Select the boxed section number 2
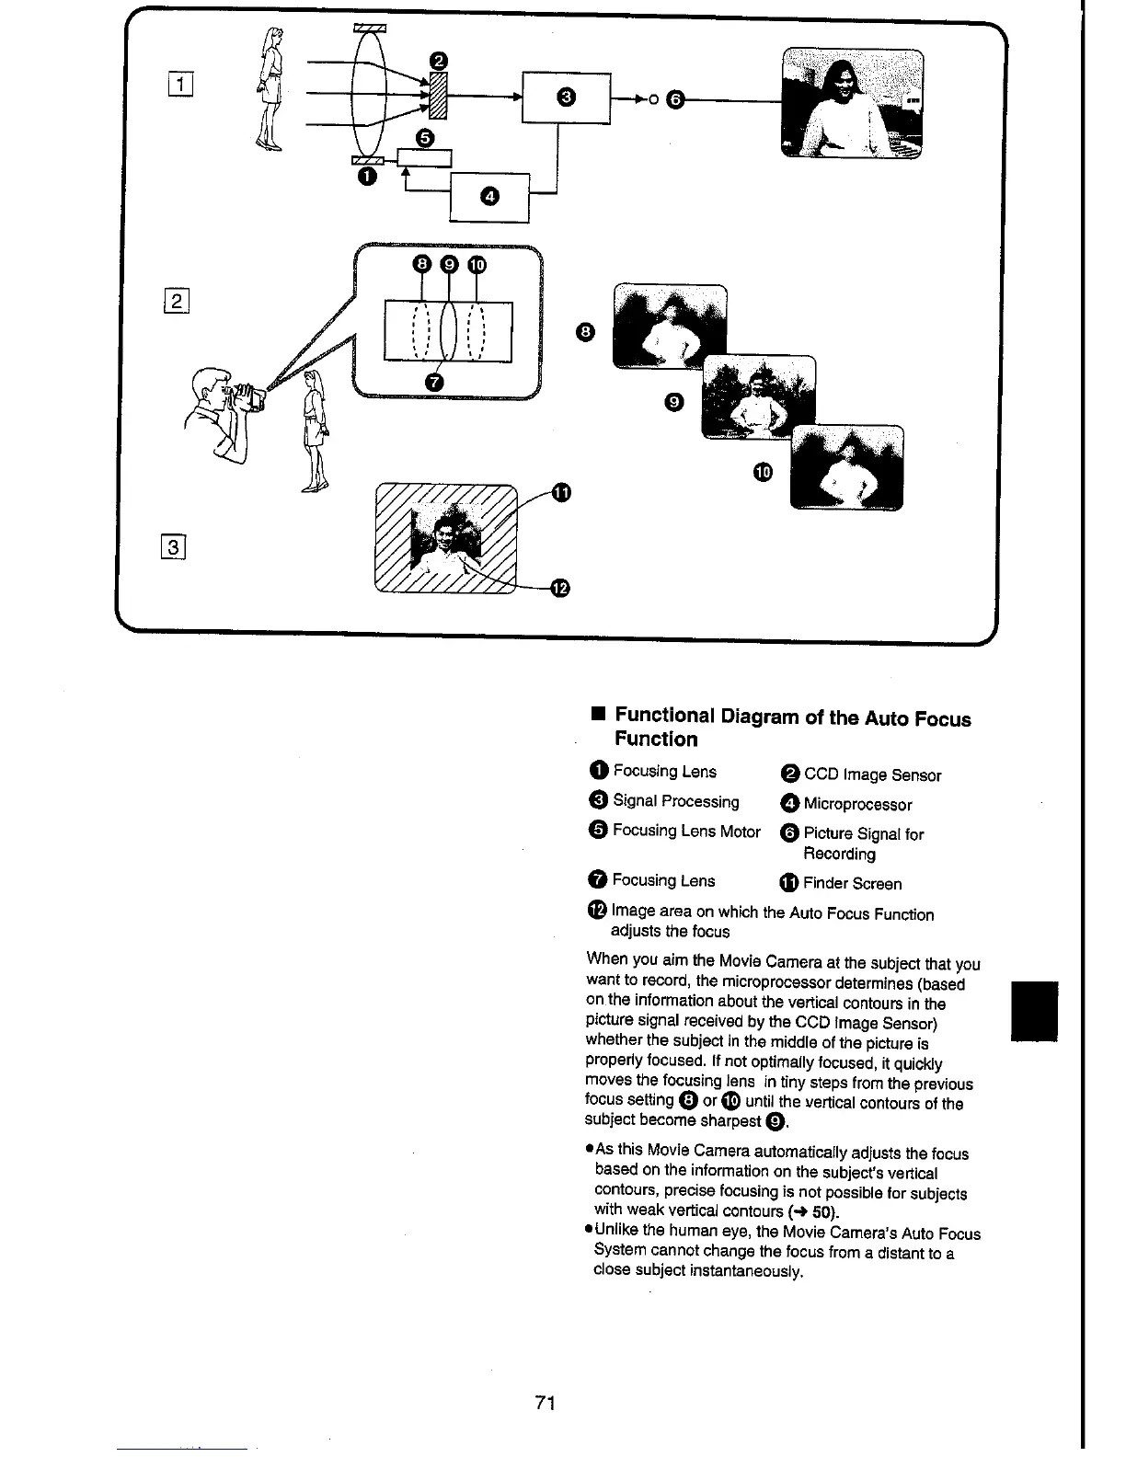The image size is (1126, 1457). [178, 301]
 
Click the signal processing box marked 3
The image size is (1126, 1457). [566, 97]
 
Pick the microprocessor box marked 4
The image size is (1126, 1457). [488, 197]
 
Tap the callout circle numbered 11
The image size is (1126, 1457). [560, 493]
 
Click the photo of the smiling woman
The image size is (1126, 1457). [851, 103]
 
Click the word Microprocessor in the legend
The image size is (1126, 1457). [857, 805]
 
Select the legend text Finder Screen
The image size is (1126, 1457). [852, 884]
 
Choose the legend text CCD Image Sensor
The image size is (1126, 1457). [872, 775]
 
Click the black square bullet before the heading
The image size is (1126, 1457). [597, 715]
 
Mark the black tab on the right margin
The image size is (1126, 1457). [1035, 1011]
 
